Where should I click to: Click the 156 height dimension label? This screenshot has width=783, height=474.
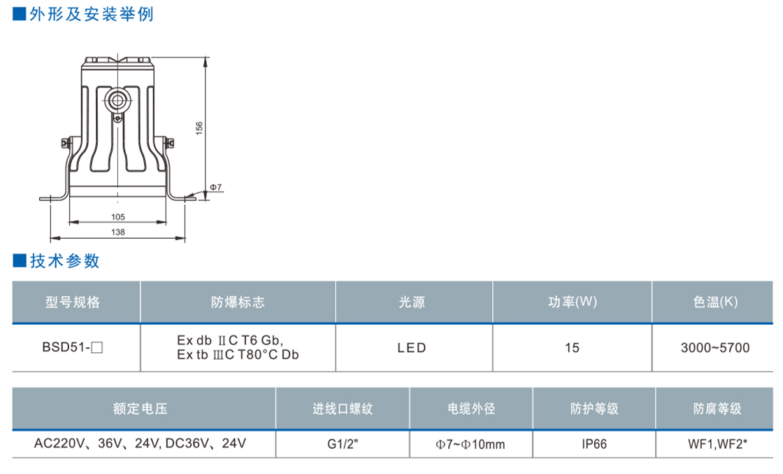coord(199,128)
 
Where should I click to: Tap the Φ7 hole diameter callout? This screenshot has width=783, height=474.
coord(215,188)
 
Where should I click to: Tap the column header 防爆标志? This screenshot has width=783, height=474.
coord(238,302)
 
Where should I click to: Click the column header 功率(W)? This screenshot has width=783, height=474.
coord(572,302)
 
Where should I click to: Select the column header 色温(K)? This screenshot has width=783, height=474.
coord(714,302)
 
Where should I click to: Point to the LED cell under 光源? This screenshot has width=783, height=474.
coord(412,347)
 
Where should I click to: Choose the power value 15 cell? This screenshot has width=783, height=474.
coord(572,347)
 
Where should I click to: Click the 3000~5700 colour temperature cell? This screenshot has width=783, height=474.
coord(714,347)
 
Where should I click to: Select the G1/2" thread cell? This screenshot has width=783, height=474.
coord(343,444)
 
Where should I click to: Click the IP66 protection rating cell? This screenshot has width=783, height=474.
coord(594,444)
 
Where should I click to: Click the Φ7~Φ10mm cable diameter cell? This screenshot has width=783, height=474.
coord(470,444)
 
